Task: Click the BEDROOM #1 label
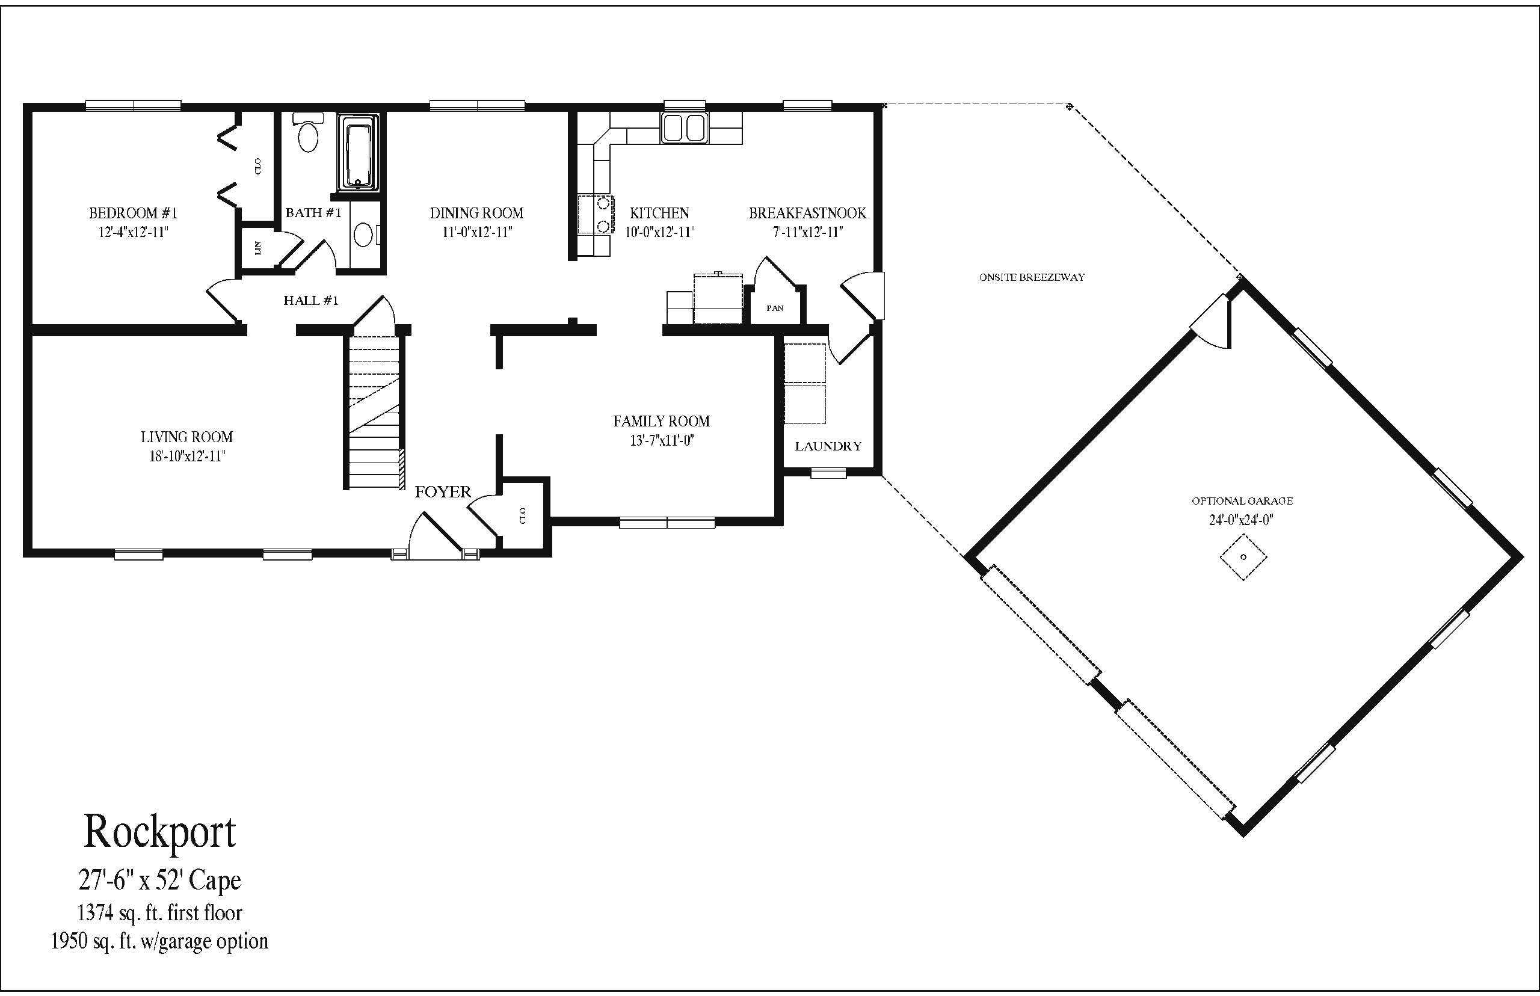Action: (132, 213)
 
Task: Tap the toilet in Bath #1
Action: (308, 132)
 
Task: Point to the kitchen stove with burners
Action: (595, 214)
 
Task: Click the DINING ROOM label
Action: (476, 213)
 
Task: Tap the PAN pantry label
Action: (775, 308)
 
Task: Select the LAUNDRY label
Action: (828, 446)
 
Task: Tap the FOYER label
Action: (443, 491)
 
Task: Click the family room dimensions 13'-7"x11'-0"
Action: (662, 441)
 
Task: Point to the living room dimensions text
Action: (186, 456)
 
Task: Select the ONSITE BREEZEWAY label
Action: (1032, 277)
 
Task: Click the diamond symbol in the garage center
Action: (1243, 557)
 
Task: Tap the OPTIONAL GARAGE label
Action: (1242, 500)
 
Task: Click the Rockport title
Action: (160, 832)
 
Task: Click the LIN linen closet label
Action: (257, 247)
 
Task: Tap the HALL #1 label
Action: (311, 300)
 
